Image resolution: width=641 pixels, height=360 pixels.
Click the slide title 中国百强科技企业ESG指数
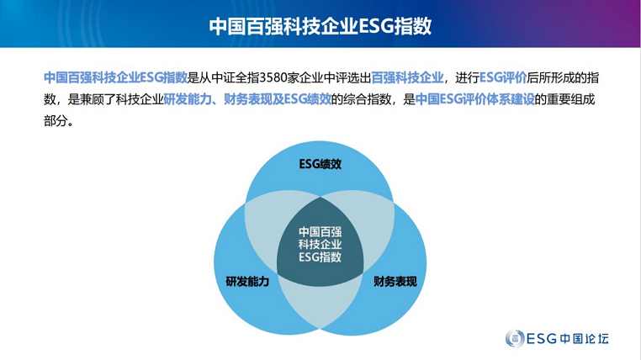320,26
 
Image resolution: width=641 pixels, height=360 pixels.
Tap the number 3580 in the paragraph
273,77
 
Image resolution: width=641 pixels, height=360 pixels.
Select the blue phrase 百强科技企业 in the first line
408,77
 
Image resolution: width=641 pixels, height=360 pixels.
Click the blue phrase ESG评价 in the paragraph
503,77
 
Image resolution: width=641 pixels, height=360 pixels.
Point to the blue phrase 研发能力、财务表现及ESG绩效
247,99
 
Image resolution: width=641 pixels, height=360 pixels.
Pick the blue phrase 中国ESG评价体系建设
475,99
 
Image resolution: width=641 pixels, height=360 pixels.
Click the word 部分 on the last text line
56,121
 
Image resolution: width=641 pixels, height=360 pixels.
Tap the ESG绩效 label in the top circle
320,164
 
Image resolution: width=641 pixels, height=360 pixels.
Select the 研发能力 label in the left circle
247,282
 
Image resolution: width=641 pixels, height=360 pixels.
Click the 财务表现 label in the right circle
395,282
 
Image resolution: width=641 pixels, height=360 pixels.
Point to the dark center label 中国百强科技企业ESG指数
320,245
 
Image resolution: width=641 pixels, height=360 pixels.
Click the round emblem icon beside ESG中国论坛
515,338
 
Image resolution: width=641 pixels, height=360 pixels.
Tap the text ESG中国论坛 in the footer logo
568,338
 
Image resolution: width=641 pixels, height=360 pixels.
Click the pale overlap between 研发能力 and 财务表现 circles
320,304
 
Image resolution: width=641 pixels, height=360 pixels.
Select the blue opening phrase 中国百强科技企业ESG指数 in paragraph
115,77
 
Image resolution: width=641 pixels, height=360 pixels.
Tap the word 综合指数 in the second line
367,99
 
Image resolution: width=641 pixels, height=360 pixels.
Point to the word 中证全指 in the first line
235,77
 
